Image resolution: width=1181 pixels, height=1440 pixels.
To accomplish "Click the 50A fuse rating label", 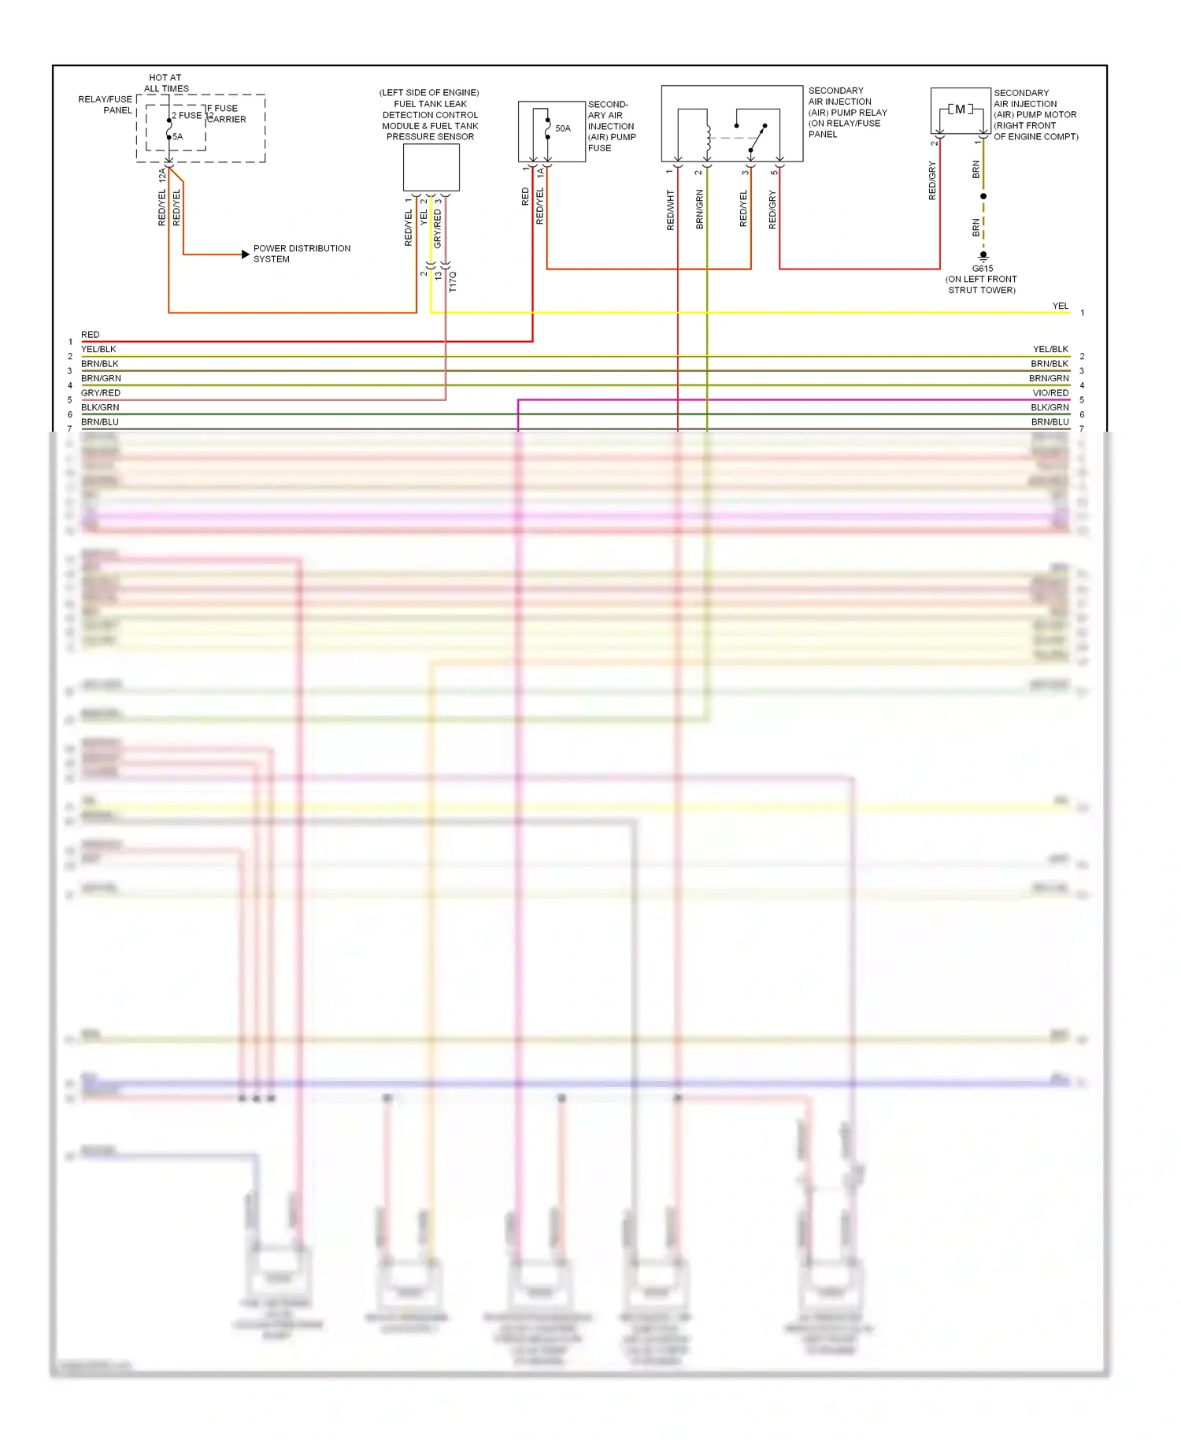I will [x=563, y=128].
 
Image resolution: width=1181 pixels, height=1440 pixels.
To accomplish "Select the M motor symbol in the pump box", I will [x=960, y=109].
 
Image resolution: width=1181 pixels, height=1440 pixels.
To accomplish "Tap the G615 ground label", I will [x=983, y=269].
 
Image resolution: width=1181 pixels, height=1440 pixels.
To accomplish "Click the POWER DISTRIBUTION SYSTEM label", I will [x=302, y=254].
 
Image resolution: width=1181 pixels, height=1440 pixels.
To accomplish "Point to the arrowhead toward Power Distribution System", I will [x=245, y=254].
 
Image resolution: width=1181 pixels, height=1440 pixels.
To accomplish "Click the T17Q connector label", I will [x=453, y=281].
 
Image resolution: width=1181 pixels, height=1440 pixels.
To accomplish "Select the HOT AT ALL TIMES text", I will [x=166, y=84].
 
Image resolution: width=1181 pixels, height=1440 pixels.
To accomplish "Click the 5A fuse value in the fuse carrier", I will [x=178, y=137].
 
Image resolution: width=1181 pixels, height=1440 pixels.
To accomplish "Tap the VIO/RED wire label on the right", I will [x=1050, y=393].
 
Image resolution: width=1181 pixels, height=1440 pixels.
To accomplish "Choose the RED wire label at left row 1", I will [x=91, y=335].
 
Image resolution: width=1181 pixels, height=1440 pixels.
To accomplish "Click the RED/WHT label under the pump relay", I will [x=671, y=210].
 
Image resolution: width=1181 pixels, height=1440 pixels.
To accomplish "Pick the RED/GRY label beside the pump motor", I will [x=933, y=180].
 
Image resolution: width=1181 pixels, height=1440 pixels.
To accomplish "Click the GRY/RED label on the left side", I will [x=101, y=393].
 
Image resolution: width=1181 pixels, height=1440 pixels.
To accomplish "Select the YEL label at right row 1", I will [x=1061, y=306].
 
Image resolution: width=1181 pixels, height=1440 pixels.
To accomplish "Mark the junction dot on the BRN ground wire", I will [x=983, y=196].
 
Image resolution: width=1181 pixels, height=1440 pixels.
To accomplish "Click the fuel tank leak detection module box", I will [x=431, y=167].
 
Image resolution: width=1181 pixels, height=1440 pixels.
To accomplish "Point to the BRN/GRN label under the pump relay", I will [x=700, y=210].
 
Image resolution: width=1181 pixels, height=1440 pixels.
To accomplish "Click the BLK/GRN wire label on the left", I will [x=100, y=407].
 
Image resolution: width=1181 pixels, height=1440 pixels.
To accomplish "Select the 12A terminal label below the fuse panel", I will [x=162, y=175].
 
